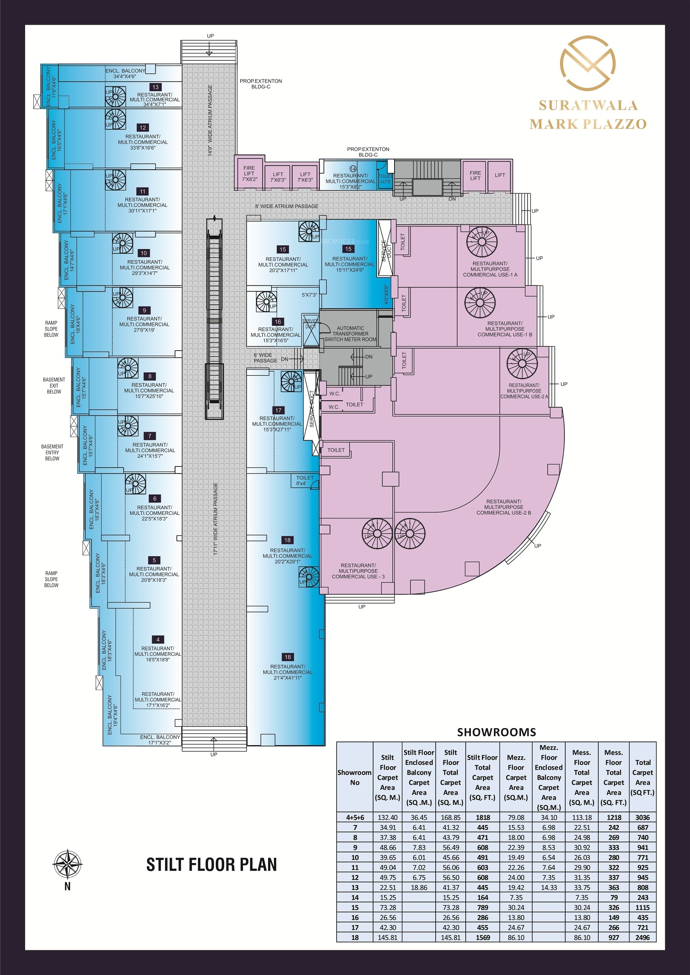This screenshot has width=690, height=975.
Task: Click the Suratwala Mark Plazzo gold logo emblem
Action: (x=588, y=63)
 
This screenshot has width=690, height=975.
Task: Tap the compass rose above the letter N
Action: (x=67, y=864)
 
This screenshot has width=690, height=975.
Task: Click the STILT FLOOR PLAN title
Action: (x=212, y=865)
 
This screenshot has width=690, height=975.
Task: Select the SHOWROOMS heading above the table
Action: (x=496, y=732)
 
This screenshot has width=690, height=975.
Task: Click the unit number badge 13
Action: (x=155, y=87)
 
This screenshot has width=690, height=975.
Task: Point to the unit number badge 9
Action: (x=145, y=311)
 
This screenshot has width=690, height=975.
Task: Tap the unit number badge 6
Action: (x=155, y=498)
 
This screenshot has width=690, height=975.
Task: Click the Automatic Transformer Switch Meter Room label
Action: (x=350, y=334)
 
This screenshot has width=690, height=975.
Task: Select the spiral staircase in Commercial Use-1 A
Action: (x=482, y=242)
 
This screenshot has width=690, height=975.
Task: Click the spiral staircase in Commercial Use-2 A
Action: (x=522, y=364)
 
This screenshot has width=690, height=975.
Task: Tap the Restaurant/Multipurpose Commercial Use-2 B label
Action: (x=504, y=507)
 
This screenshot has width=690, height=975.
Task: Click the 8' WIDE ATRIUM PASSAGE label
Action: (x=287, y=206)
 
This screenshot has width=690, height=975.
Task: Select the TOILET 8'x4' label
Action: (x=305, y=480)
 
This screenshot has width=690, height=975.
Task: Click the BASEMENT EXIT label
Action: (x=54, y=385)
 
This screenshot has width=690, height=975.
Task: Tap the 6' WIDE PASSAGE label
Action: (x=265, y=358)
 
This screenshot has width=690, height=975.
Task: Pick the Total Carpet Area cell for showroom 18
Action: (x=643, y=937)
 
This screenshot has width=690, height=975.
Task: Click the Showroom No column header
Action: (x=354, y=777)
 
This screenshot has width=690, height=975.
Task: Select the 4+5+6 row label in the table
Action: (x=355, y=818)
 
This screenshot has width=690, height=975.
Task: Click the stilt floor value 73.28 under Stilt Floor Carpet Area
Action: (x=387, y=908)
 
